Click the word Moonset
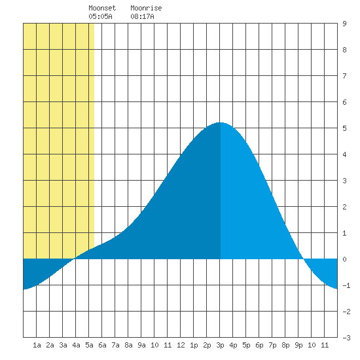[x=102, y=8]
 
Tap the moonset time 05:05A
[x=100, y=16]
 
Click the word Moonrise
[x=146, y=8]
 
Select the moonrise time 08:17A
[x=142, y=16]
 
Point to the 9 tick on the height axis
[x=344, y=24]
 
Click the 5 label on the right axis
[x=344, y=128]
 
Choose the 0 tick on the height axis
[x=344, y=259]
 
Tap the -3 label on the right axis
[x=346, y=338]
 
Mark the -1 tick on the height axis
[x=346, y=285]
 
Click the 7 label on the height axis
[x=344, y=76]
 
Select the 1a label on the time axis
[x=37, y=345]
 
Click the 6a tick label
[x=102, y=345]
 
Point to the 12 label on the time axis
[x=181, y=345]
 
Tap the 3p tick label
[x=220, y=345]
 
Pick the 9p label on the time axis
[x=298, y=345]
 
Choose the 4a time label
[x=76, y=345]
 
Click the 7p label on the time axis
[x=272, y=345]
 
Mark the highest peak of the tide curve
[x=220, y=122]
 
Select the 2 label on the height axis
[x=344, y=207]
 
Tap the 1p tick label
[x=194, y=345]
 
